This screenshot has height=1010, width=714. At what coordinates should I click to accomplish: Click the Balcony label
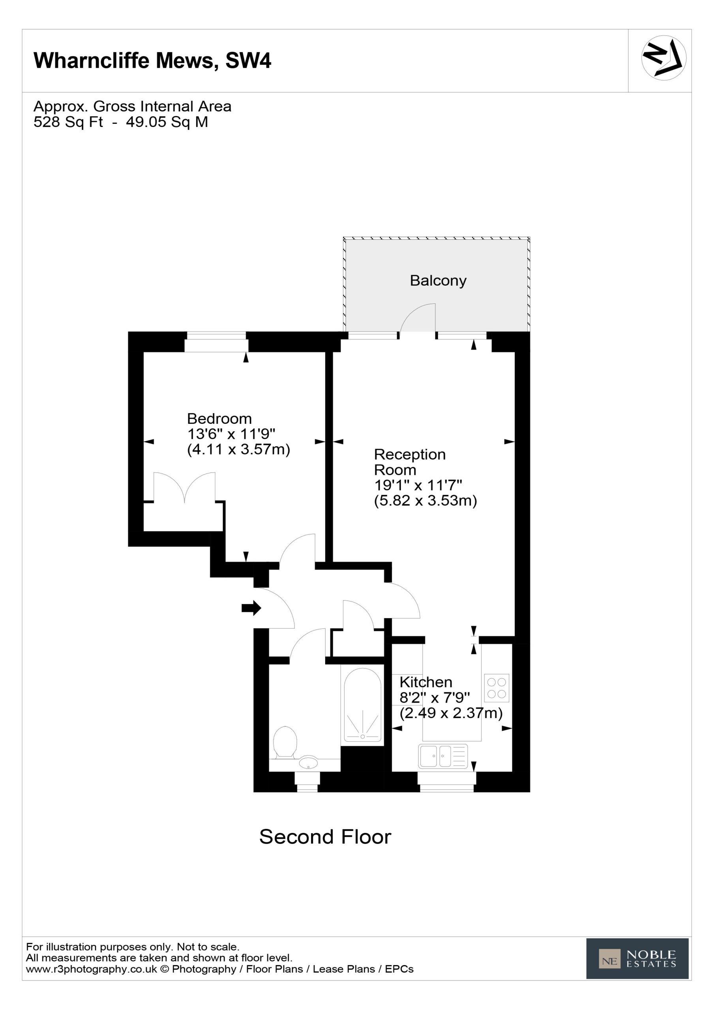(x=438, y=281)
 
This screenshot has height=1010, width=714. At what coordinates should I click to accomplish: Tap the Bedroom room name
(x=219, y=418)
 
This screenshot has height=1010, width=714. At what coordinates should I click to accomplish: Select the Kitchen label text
(x=425, y=682)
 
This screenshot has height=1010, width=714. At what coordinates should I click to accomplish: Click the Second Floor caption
(x=325, y=837)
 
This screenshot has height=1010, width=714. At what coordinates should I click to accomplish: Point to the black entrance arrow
(x=251, y=608)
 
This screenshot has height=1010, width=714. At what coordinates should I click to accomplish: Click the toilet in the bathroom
(x=285, y=743)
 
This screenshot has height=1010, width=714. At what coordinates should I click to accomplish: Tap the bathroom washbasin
(x=308, y=763)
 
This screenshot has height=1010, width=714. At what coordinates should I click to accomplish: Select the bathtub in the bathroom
(x=362, y=705)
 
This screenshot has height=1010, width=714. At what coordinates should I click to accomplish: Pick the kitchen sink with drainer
(x=443, y=756)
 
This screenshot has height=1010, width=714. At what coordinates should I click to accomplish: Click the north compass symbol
(x=663, y=58)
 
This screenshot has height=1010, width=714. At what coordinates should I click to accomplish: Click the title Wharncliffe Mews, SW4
(x=152, y=60)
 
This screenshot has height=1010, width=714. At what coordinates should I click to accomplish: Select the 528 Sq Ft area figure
(x=68, y=122)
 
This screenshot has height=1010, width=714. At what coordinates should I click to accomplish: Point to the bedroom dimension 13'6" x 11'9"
(x=231, y=434)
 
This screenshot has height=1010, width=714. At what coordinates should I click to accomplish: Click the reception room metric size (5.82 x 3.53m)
(x=425, y=501)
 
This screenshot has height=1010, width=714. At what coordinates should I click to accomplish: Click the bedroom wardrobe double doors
(x=184, y=487)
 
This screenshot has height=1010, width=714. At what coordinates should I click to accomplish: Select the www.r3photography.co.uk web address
(x=92, y=969)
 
